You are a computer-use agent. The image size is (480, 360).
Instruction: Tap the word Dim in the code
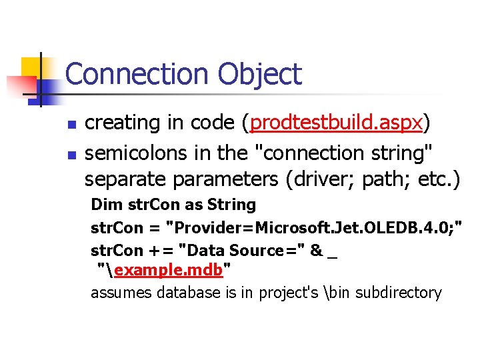103,204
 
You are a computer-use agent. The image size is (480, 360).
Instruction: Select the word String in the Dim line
232,204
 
